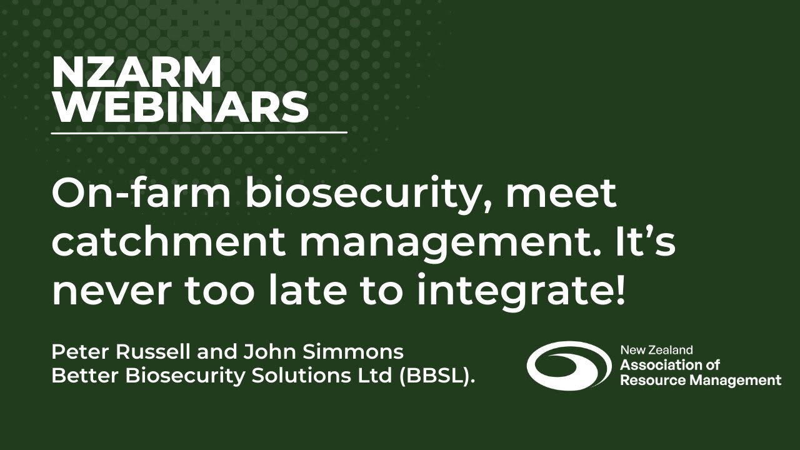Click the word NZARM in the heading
point(136,74)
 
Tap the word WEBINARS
point(180,107)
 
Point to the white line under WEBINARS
point(199,132)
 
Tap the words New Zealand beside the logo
point(656,351)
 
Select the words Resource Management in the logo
point(700,380)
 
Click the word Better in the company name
point(79,377)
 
